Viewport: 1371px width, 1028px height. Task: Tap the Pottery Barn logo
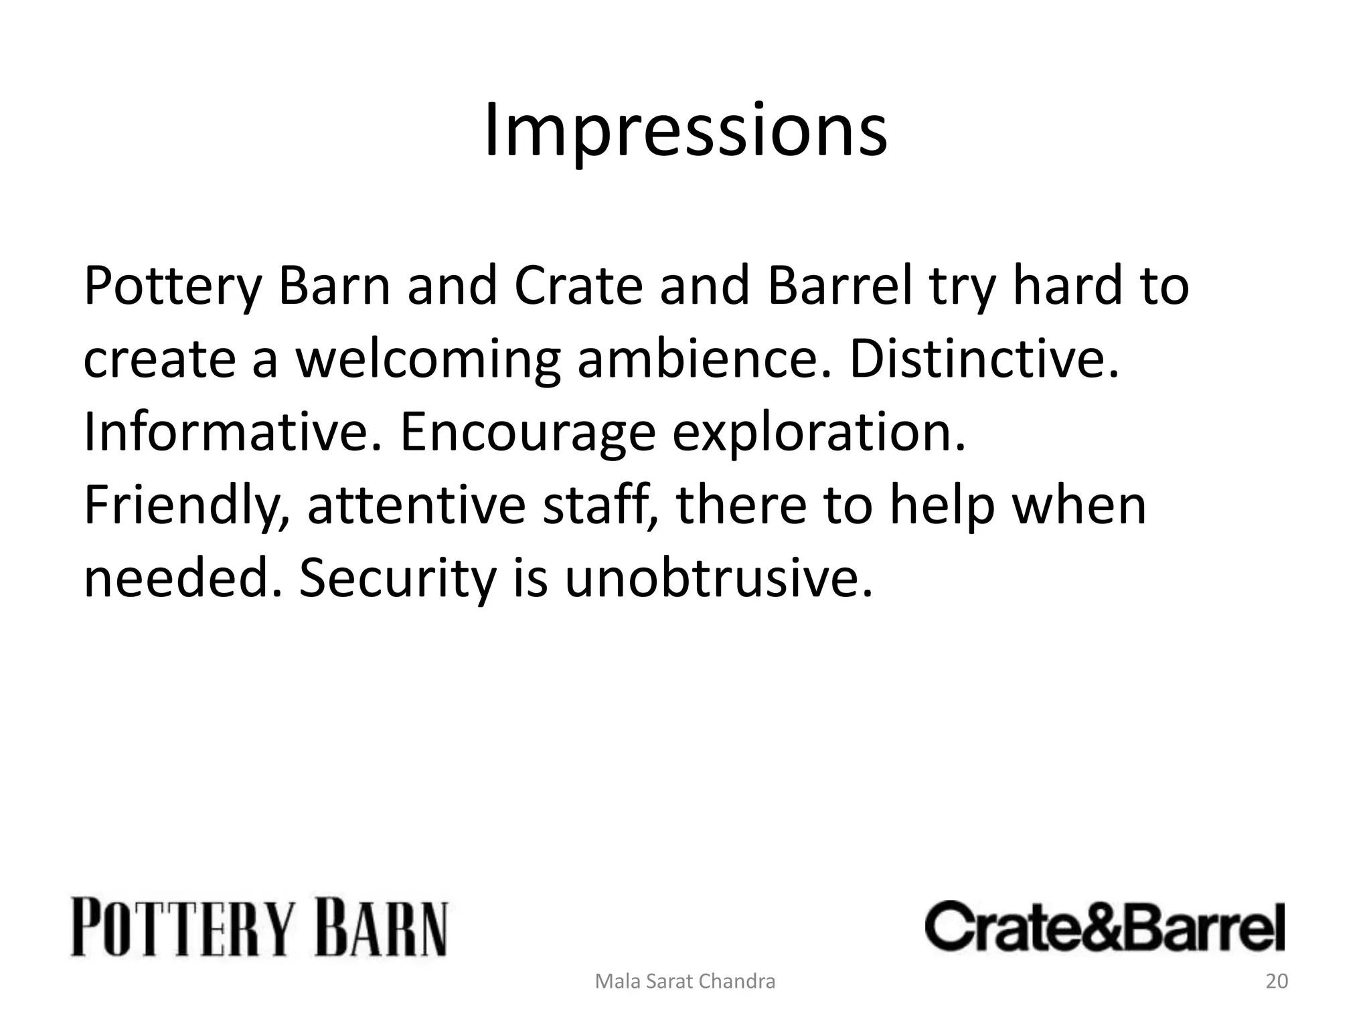coord(259,929)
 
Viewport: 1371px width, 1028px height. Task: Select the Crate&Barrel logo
coord(1105,927)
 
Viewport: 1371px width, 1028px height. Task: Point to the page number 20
coord(1277,981)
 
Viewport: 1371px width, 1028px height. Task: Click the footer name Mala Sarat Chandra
coord(685,981)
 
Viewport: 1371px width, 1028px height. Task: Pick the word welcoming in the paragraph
coord(428,359)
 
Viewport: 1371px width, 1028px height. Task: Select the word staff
coord(600,507)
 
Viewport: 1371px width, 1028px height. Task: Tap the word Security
coord(396,580)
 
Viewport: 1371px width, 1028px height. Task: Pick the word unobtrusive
coord(718,578)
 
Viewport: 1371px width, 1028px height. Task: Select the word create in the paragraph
coord(159,359)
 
